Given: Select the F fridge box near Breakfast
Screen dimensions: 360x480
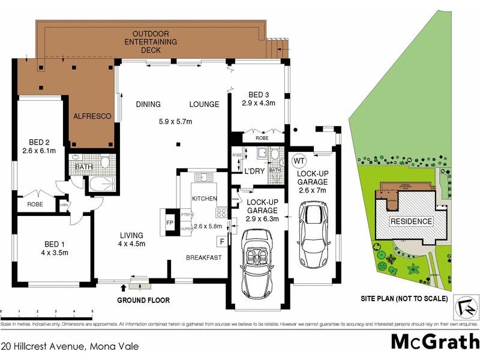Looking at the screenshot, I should click(x=222, y=241).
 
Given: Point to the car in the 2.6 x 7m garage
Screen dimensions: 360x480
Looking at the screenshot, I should click(x=314, y=230).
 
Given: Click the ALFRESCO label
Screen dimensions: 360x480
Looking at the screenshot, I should click(x=92, y=116).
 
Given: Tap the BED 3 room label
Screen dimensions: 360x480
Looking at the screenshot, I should click(x=258, y=95).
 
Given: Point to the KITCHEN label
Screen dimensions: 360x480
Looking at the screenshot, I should click(x=204, y=198).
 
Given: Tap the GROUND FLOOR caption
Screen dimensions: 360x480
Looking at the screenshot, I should click(x=143, y=300).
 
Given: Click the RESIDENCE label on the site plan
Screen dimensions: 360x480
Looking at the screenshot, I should click(x=411, y=221).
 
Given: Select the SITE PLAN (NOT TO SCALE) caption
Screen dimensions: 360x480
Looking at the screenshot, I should click(x=404, y=298).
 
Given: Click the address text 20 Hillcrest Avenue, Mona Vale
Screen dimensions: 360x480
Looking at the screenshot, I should click(x=70, y=346).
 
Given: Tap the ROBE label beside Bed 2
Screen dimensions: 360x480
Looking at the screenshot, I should click(x=35, y=205).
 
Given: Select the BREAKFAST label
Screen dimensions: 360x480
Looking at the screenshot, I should click(x=204, y=258).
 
